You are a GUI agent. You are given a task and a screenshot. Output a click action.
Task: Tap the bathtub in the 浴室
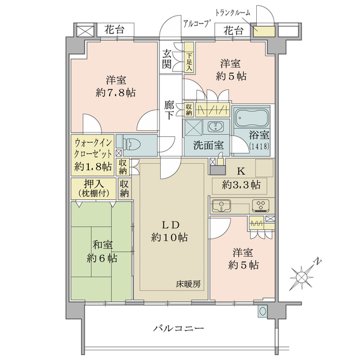click(251, 118)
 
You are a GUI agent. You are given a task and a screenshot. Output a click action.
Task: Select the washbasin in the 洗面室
click(215, 127)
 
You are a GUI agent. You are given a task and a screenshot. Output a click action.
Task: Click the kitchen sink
click(221, 205)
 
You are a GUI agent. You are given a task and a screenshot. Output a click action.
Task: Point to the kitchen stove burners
click(261, 206)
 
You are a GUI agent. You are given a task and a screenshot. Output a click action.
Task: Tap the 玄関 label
click(167, 59)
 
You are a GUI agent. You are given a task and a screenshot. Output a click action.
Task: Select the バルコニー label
click(178, 328)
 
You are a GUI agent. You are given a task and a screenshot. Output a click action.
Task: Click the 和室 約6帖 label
click(102, 251)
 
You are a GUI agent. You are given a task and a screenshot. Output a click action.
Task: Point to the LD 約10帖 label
click(169, 231)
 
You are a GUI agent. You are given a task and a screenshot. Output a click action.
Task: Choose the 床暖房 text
click(188, 284)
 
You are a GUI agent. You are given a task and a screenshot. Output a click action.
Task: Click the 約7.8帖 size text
click(116, 93)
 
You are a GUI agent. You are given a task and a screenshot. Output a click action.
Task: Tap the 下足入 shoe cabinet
click(189, 58)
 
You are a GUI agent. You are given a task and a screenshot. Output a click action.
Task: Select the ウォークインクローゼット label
click(93, 148)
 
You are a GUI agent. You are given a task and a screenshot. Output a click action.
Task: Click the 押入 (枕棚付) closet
click(94, 188)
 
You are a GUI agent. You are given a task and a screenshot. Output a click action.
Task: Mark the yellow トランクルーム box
click(264, 31)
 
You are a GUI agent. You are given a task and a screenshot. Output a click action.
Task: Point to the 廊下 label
click(169, 110)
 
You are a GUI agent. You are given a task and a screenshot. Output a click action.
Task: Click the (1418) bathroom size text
click(259, 146)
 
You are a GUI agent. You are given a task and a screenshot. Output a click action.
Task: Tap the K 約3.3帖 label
click(241, 178)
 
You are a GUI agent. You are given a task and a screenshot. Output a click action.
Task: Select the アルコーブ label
click(197, 23)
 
